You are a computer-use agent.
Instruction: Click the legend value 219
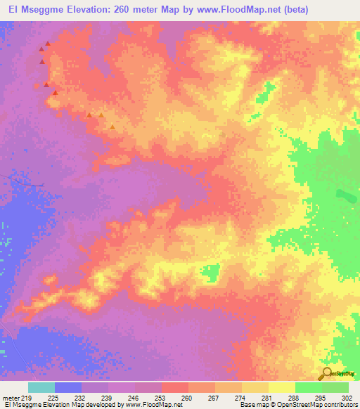(x=26, y=397)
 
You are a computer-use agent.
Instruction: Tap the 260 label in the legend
(x=187, y=397)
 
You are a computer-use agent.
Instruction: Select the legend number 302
(x=347, y=397)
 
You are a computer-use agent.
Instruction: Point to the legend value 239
(x=107, y=397)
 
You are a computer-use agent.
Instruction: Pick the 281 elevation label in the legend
(x=267, y=397)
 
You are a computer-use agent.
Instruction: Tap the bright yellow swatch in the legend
(x=281, y=387)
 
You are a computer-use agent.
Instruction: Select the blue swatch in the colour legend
(x=68, y=387)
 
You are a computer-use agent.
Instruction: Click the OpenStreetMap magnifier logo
(x=326, y=374)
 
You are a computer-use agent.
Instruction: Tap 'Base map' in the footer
(x=252, y=405)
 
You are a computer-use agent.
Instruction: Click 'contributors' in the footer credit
(x=339, y=405)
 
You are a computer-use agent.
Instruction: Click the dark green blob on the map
(x=345, y=195)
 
